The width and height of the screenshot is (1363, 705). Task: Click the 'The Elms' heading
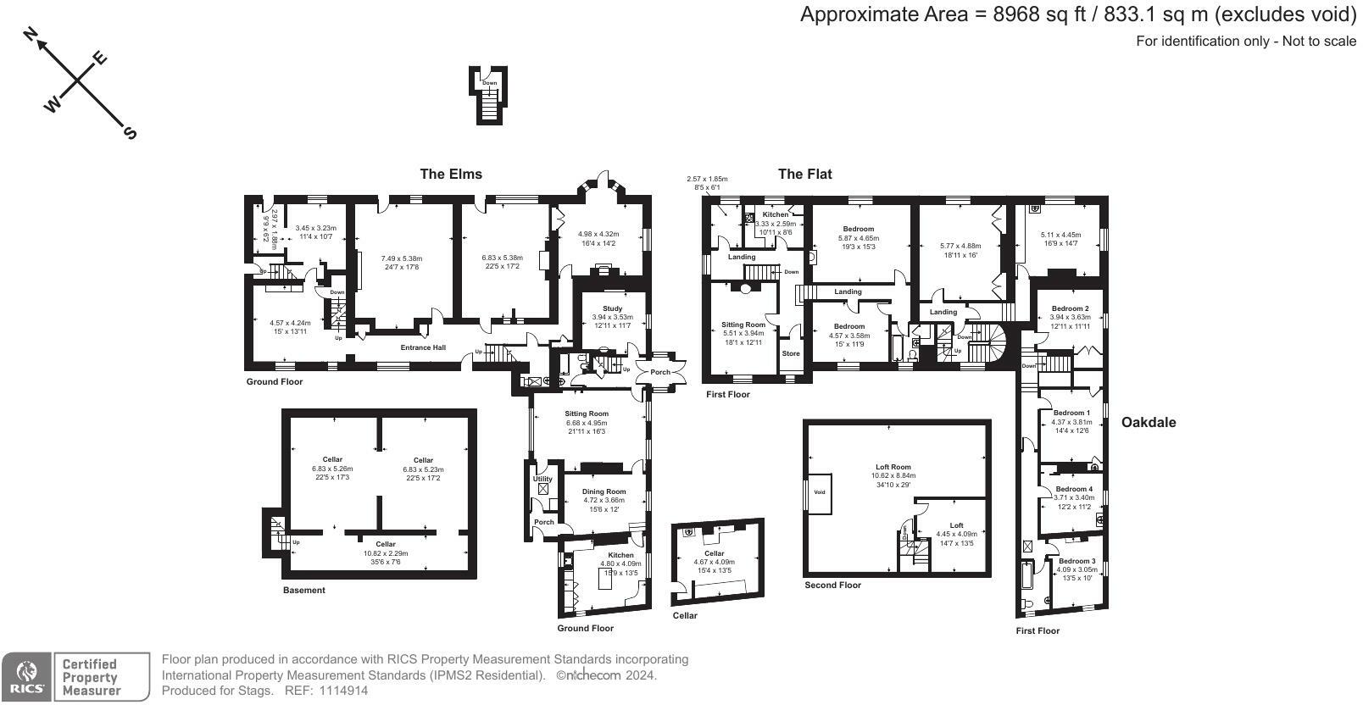pos(451,174)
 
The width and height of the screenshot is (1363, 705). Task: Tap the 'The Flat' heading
pos(804,174)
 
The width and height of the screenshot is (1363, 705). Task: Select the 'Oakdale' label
pos(1149,422)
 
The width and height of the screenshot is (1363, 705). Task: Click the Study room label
pos(612,308)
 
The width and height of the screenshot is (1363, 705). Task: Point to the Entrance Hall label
pos(423,347)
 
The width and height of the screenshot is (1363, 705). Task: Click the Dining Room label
pos(604,491)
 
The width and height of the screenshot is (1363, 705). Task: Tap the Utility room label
pos(542,479)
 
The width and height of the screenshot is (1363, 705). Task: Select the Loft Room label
pos(893,467)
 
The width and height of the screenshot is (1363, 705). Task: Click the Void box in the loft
pos(819,492)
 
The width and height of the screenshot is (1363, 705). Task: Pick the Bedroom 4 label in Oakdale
pos(1074,489)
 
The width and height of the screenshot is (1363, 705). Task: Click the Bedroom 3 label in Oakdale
pos(1076,561)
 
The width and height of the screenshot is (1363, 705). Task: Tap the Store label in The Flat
pos(790,353)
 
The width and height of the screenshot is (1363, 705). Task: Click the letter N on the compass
pos(31,34)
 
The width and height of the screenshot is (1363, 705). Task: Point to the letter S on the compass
pos(130,133)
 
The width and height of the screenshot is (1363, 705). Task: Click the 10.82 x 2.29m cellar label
pos(386,552)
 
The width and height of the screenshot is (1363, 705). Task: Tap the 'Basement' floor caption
pos(303,590)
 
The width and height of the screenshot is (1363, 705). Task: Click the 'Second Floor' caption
pos(832,585)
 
